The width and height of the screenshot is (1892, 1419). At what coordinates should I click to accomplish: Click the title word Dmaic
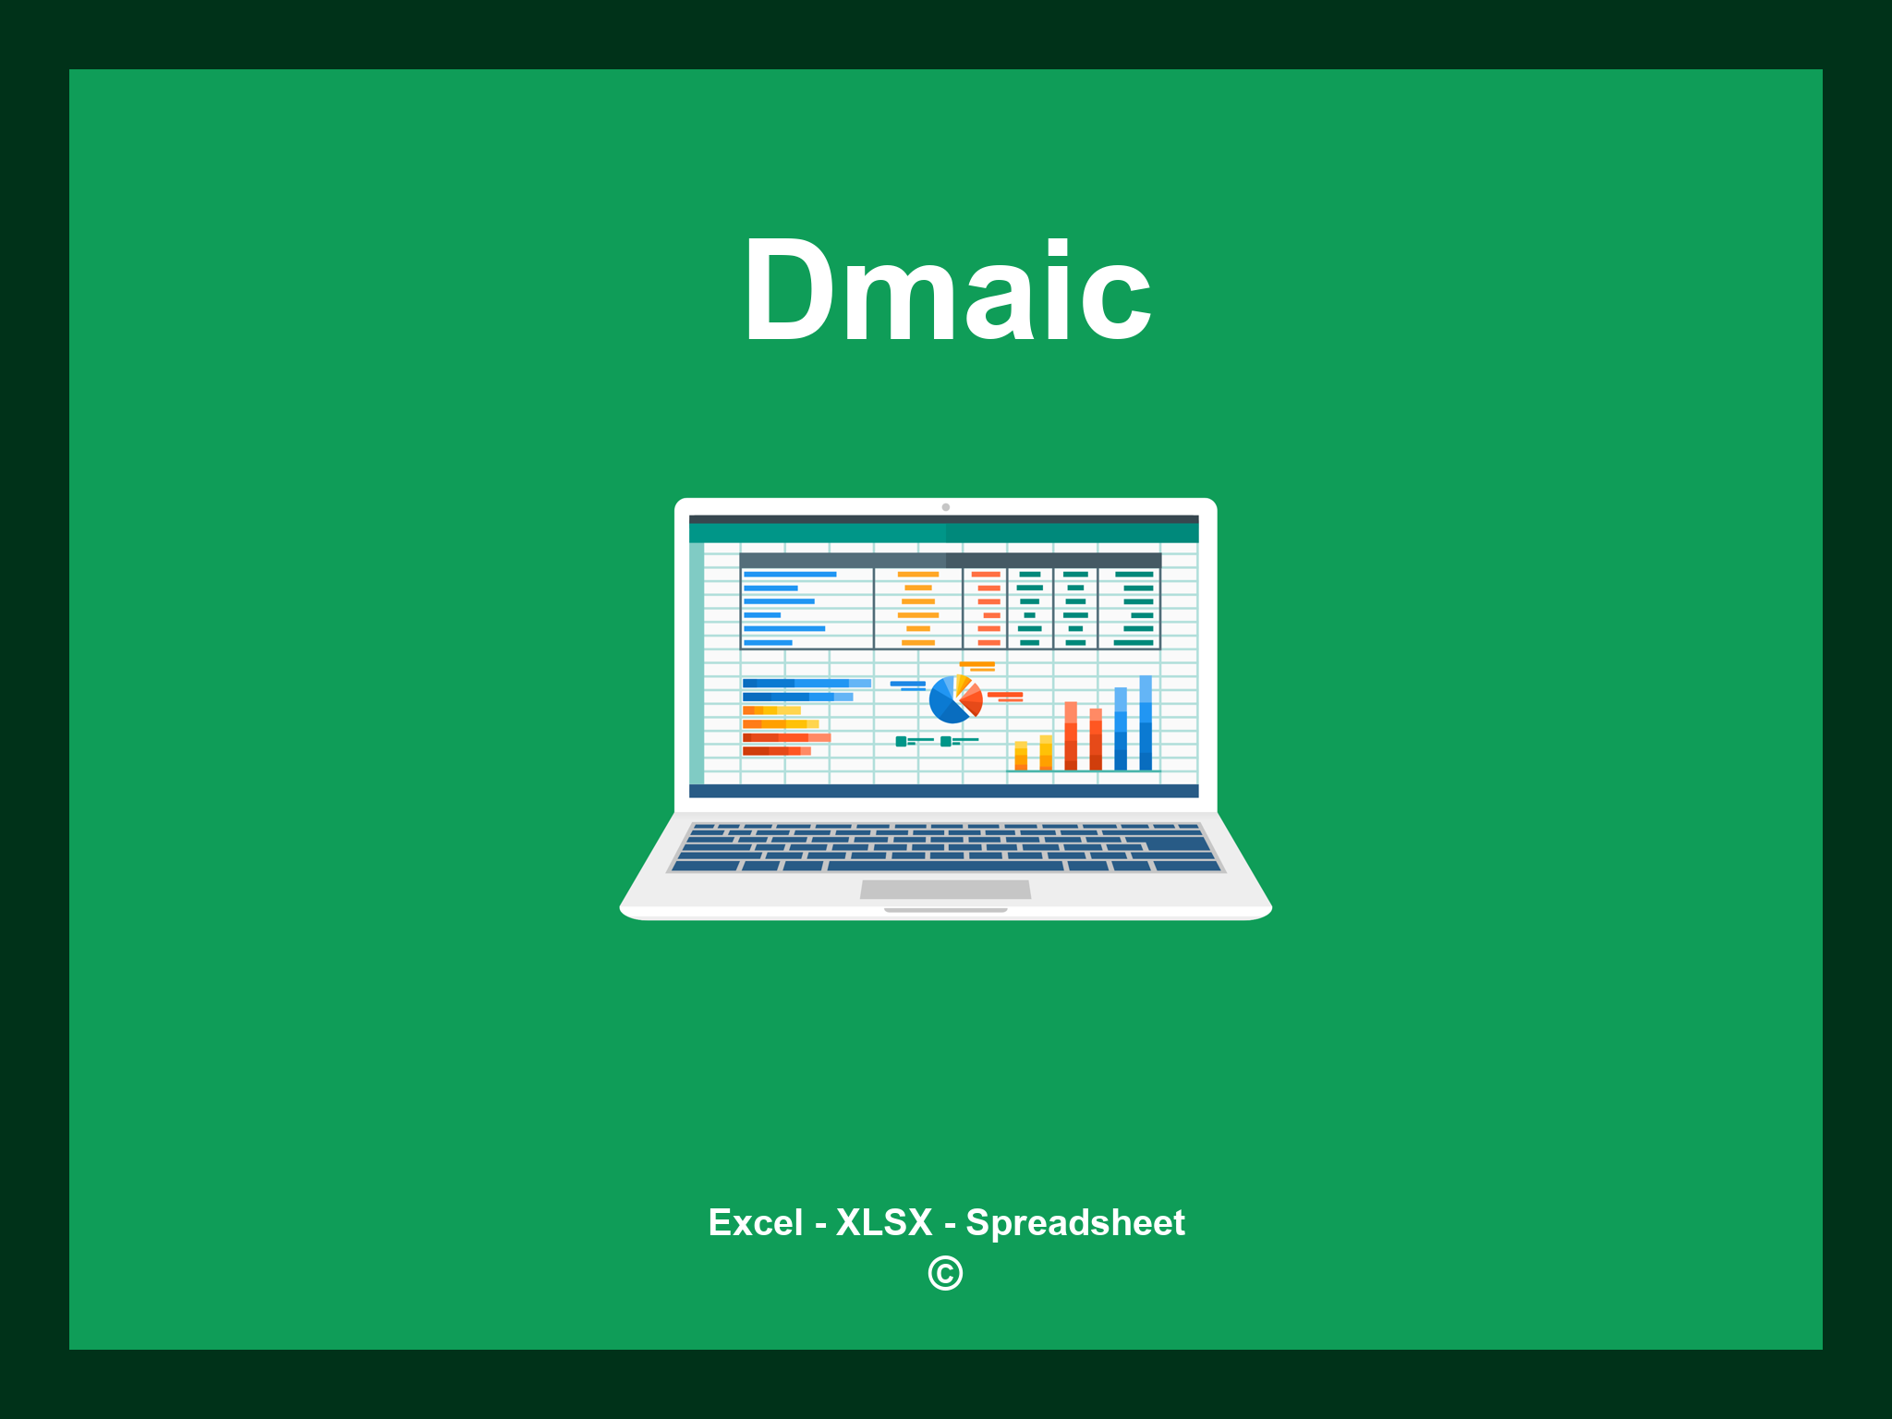[947, 292]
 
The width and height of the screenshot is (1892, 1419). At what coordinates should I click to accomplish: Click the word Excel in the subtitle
[755, 1222]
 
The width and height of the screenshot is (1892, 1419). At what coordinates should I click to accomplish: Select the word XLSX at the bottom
[884, 1222]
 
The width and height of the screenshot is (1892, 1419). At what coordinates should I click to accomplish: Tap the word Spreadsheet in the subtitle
[1074, 1222]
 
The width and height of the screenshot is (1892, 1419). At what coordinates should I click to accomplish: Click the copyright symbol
[945, 1273]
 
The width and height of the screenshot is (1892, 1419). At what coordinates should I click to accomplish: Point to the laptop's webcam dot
[945, 507]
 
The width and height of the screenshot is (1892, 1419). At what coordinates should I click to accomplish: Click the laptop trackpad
[945, 889]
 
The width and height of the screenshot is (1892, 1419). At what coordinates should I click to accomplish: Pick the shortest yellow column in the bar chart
[1021, 755]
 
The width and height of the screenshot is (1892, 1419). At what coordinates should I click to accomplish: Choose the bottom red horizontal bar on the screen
[776, 751]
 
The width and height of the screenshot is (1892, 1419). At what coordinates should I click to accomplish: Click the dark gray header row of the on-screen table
[950, 560]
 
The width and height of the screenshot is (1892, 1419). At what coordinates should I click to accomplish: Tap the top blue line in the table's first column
[790, 575]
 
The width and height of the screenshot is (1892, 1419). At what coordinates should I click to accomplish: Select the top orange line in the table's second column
[918, 575]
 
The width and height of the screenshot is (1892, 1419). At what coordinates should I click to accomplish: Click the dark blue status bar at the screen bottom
[943, 791]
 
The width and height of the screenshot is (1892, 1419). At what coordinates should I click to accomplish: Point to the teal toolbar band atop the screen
[943, 533]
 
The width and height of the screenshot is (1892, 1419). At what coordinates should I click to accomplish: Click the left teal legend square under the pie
[901, 741]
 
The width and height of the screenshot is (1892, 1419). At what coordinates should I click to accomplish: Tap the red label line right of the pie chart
[1005, 695]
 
